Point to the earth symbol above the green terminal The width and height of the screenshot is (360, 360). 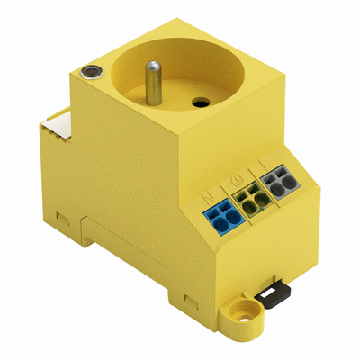236,180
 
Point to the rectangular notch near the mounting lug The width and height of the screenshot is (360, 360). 189,299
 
